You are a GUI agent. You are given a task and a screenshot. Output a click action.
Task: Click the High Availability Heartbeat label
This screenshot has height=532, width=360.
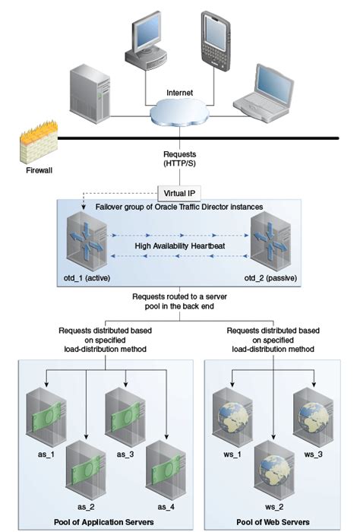[179, 246]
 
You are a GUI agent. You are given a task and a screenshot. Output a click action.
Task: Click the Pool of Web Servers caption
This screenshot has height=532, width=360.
[270, 521]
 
